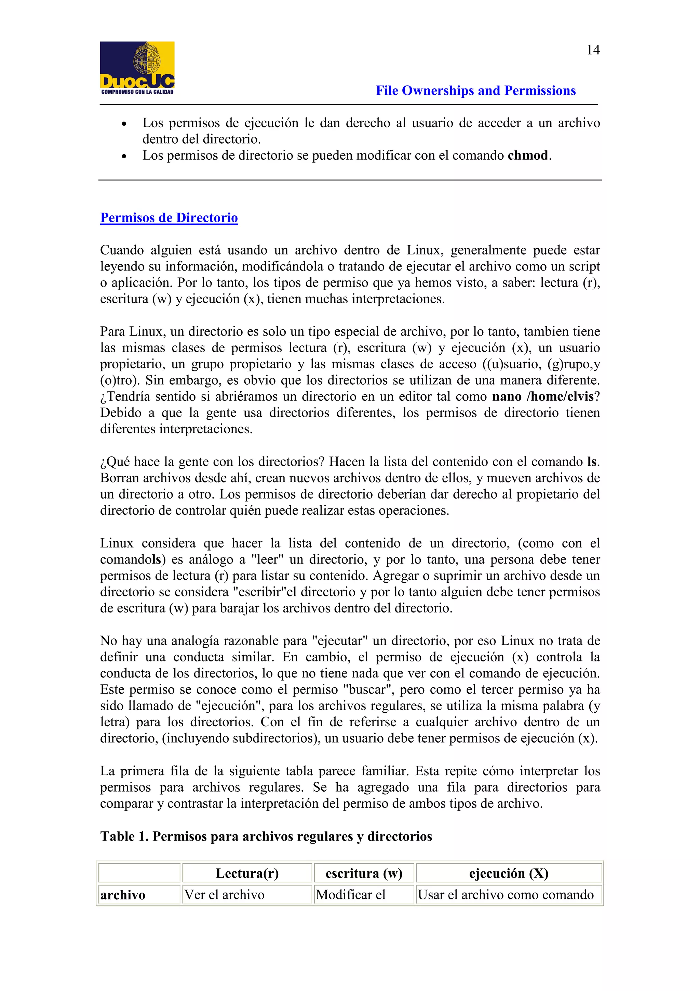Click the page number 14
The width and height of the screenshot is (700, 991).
593,50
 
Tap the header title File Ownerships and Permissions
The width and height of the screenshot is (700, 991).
475,91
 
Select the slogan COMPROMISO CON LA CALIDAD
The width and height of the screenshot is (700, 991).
137,92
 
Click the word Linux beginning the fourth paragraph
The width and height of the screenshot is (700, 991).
117,543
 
